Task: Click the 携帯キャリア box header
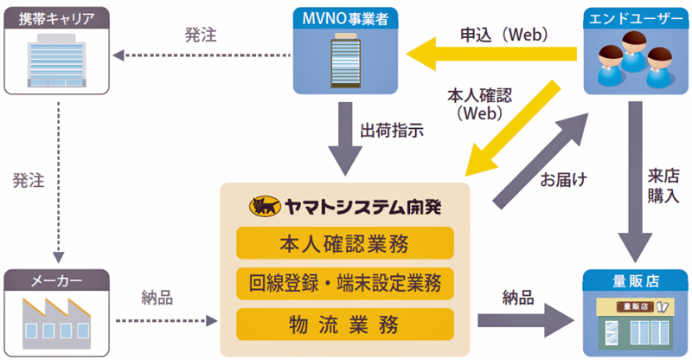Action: click(56, 18)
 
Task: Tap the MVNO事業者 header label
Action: click(345, 18)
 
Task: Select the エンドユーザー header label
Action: click(636, 19)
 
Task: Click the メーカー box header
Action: click(56, 280)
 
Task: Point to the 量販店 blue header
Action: click(635, 280)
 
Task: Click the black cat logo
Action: click(265, 206)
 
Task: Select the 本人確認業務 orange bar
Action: click(344, 243)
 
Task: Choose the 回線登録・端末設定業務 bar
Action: click(344, 284)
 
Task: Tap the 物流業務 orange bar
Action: click(344, 325)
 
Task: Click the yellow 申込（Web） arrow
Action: click(491, 54)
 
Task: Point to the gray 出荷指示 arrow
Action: click(345, 138)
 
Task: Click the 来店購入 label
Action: click(663, 185)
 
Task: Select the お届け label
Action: click(564, 180)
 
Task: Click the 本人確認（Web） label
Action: click(480, 104)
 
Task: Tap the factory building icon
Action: click(56, 324)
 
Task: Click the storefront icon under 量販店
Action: click(635, 324)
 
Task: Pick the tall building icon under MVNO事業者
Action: click(345, 60)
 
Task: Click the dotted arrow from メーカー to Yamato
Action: click(167, 321)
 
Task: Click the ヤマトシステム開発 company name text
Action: click(362, 207)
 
